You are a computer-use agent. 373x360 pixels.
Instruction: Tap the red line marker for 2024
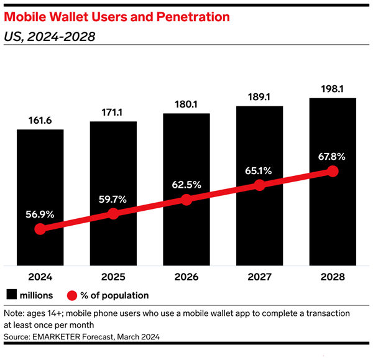coord(40,229)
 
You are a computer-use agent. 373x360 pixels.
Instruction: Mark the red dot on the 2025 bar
coord(113,214)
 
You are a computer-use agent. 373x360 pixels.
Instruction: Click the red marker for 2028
coord(333,171)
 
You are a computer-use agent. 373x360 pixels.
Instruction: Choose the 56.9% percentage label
coord(40,214)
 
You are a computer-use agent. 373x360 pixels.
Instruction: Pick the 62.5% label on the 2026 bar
coord(186,185)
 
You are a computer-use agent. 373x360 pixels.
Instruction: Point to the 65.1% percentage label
coord(259,170)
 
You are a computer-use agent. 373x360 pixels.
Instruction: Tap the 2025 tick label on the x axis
coord(113,277)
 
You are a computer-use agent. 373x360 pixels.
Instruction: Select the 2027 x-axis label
coord(259,277)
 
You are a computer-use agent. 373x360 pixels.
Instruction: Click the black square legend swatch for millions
coord(12,295)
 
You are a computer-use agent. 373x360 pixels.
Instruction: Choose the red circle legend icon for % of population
coord(73,295)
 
